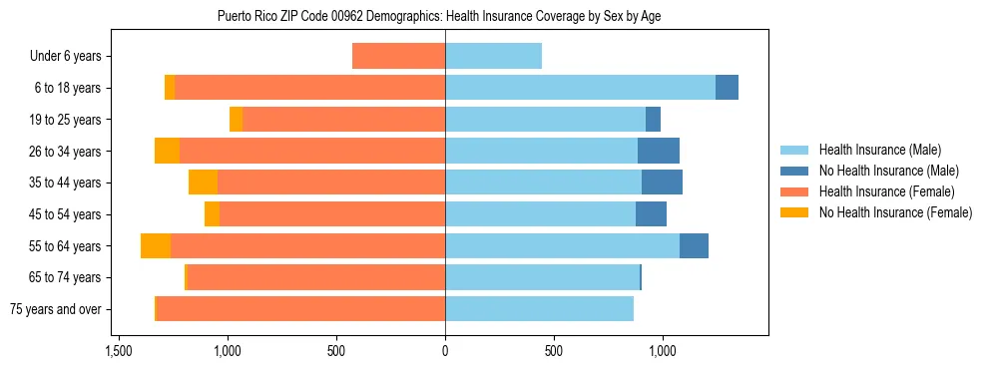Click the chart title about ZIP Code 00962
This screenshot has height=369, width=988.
tap(439, 16)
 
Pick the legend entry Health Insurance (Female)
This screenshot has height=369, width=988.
tap(880, 191)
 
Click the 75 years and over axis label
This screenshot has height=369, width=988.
tap(56, 309)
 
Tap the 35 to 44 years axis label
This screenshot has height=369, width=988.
tap(65, 183)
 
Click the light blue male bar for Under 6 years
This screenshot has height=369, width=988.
tap(493, 57)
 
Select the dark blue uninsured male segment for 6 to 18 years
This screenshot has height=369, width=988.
tap(727, 88)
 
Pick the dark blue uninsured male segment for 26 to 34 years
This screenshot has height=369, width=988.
tap(658, 151)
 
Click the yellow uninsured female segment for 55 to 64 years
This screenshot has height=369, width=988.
tap(156, 245)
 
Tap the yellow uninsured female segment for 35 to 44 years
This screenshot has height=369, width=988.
tap(203, 183)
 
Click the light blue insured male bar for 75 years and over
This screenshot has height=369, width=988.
tap(539, 309)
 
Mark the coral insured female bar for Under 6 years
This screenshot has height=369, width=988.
tap(398, 57)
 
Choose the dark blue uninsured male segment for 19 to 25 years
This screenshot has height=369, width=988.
tap(653, 120)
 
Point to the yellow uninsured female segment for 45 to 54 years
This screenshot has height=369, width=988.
tap(212, 214)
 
